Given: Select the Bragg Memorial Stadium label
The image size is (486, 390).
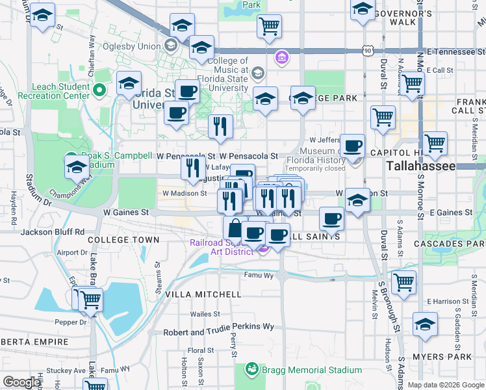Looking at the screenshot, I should (x=310, y=370).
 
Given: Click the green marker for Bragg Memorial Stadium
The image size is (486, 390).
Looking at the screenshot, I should (x=251, y=370).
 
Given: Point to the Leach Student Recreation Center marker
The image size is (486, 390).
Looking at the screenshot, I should (x=100, y=90).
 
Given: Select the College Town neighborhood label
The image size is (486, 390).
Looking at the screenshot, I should (x=123, y=240).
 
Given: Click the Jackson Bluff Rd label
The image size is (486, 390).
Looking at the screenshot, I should (x=53, y=231).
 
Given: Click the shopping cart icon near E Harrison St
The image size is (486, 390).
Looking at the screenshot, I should (x=404, y=283).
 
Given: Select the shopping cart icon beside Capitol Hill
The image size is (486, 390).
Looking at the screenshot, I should (x=435, y=142).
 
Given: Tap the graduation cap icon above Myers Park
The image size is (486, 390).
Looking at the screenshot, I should (x=425, y=324).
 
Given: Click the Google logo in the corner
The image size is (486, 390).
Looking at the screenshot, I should (x=21, y=382).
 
